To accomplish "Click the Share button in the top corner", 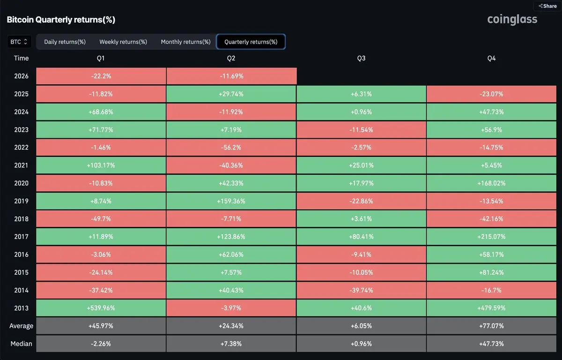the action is (547, 6).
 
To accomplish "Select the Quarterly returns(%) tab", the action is (251, 42).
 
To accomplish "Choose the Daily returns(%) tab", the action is (65, 42).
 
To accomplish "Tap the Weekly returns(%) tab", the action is (123, 42).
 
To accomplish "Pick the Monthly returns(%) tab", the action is (185, 42).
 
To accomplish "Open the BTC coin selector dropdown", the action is (19, 42).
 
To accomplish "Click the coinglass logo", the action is (512, 20).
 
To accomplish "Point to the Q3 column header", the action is (361, 58).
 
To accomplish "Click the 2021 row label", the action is (22, 165).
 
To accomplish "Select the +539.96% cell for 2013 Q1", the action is (101, 308).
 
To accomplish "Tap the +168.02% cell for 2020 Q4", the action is (491, 183).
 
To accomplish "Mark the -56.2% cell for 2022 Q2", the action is (231, 147).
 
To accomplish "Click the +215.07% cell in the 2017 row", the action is (491, 237).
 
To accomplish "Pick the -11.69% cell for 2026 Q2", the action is (231, 76).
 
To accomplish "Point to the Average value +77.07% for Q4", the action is (491, 326).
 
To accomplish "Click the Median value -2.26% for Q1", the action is (101, 344).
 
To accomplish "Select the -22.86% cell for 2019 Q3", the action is (361, 201).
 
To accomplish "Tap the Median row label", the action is (22, 344).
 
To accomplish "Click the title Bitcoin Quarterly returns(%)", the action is (61, 20).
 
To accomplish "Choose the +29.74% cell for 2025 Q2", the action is (231, 94).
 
